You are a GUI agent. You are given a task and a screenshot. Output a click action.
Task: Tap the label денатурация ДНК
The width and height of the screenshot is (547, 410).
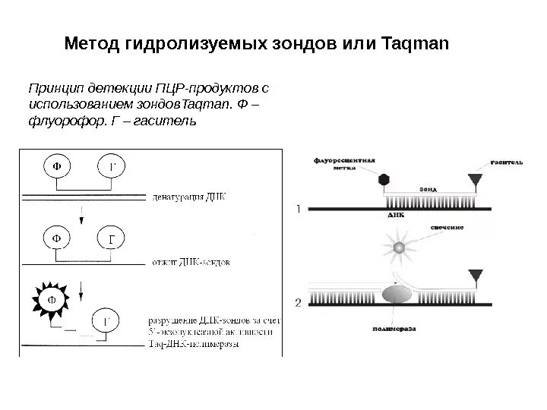click(190, 196)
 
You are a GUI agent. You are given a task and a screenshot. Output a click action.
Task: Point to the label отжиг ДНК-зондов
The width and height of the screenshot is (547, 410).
click(192, 262)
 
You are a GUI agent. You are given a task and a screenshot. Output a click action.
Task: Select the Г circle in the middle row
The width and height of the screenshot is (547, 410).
click(111, 238)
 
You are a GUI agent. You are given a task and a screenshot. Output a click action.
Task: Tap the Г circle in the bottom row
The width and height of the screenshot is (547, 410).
click(106, 322)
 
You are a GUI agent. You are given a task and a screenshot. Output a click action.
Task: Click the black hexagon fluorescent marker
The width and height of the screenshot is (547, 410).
click(384, 180)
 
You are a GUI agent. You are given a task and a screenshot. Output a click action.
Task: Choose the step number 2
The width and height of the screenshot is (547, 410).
click(299, 303)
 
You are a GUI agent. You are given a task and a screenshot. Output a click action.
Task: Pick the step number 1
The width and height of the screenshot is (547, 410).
click(299, 207)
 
